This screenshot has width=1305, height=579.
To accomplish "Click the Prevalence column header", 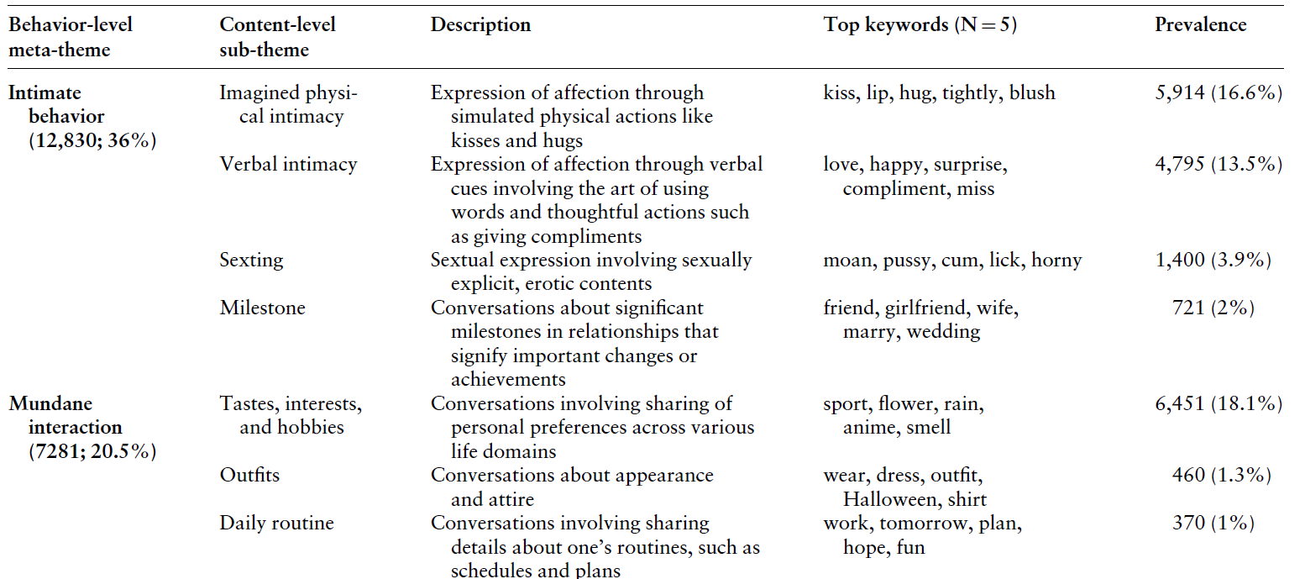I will [x=1200, y=25].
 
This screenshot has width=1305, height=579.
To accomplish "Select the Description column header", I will [x=480, y=25].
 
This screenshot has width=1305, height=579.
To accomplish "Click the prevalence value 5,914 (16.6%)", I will [x=1219, y=92].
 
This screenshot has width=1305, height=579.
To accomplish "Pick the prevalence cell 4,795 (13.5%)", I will [x=1219, y=165].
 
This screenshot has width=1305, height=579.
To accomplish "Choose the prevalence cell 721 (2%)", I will [x=1213, y=308].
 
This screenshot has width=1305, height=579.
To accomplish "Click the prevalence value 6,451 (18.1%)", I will [x=1219, y=404].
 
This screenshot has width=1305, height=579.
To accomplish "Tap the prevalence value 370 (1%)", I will [x=1213, y=524].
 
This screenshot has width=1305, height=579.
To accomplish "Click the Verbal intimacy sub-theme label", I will [x=288, y=165].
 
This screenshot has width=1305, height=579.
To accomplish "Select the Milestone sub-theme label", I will [x=262, y=308].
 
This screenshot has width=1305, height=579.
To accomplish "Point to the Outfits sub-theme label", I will [x=249, y=476].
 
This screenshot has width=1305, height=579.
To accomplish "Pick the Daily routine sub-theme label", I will [x=276, y=524].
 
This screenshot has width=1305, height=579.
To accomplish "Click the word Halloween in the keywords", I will [x=890, y=499].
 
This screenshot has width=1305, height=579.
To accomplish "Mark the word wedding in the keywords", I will [x=943, y=332].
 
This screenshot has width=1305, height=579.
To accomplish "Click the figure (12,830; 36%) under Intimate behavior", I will [x=92, y=140].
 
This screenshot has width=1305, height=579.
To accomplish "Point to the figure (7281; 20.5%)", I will [x=92, y=451].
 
